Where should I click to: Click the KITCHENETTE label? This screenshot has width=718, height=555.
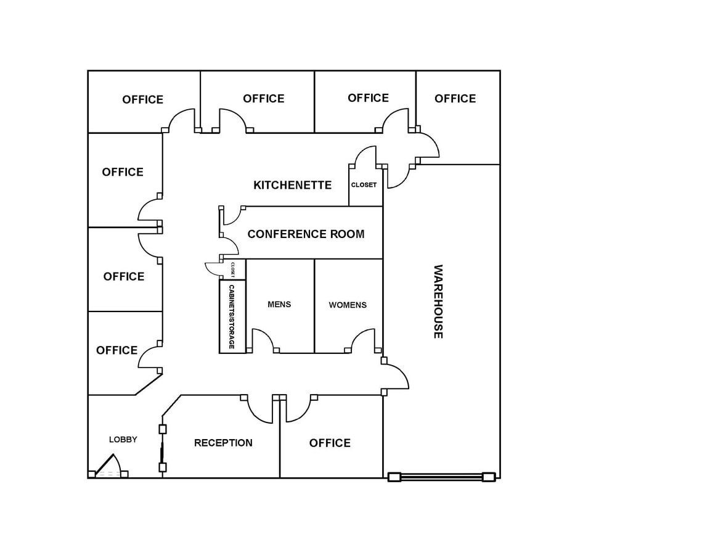(292, 185)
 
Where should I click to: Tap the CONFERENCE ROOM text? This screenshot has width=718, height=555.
(306, 234)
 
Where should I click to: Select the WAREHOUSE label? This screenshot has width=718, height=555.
(438, 302)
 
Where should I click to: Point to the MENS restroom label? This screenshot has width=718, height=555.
(279, 305)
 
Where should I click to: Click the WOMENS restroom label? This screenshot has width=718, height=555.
(348, 305)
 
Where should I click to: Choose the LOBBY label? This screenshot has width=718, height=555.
(123, 440)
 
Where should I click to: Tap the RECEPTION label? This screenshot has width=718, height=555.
(223, 443)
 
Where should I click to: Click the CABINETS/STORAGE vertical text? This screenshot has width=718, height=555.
(232, 316)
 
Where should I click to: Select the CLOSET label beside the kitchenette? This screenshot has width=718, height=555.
(364, 185)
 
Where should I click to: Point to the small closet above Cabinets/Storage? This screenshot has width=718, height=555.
(234, 269)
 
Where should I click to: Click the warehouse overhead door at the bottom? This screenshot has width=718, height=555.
(441, 477)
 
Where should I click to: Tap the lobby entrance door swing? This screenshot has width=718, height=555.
(108, 466)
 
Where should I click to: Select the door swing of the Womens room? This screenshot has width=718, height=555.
(363, 340)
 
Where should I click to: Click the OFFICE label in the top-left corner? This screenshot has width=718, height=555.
(143, 100)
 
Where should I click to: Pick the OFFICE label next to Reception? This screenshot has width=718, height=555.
(330, 443)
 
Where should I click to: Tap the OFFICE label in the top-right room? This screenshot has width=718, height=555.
(455, 99)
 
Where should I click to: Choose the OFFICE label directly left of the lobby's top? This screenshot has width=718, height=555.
(117, 350)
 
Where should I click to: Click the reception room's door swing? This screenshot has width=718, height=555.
(261, 411)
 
